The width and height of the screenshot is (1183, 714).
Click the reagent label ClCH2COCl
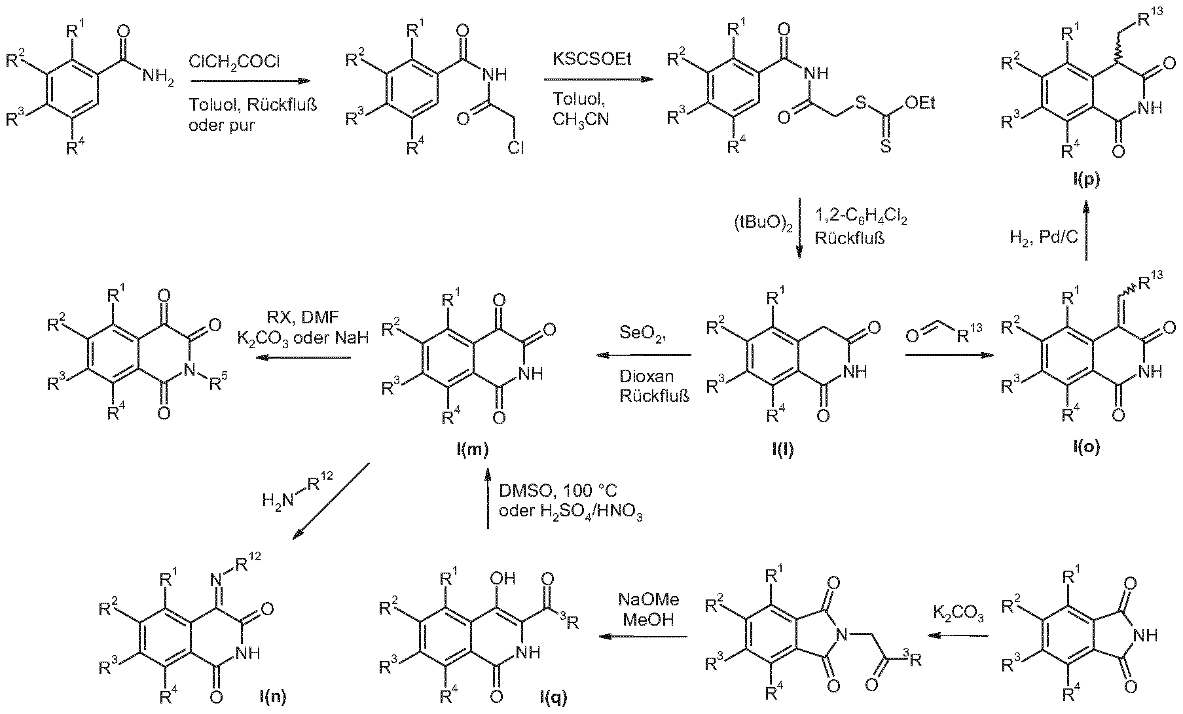[x=234, y=63]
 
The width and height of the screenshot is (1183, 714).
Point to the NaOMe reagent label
[x=649, y=599]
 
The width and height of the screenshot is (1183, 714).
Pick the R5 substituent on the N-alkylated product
[x=221, y=384]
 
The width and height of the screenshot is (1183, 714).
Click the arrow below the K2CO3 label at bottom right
[x=960, y=635]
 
